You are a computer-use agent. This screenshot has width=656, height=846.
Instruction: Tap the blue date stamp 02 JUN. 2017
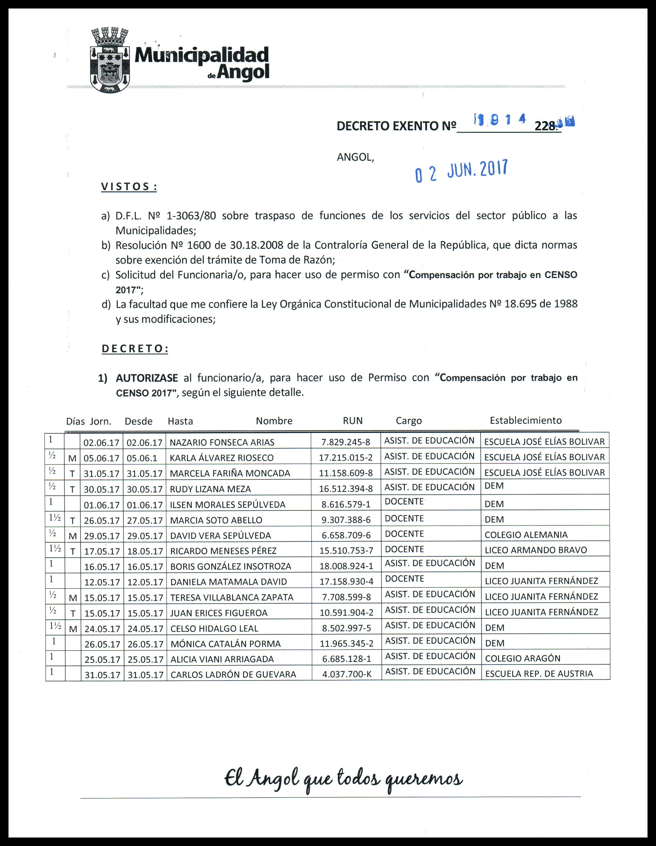pyautogui.click(x=461, y=171)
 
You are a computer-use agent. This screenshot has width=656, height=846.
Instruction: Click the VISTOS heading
pyautogui.click(x=129, y=187)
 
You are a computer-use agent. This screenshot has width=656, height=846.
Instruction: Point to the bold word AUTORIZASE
pyautogui.click(x=147, y=378)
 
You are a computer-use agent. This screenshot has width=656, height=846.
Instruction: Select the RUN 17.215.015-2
pyautogui.click(x=346, y=457)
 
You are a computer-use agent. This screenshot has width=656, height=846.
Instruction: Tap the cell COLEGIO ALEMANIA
pyautogui.click(x=526, y=535)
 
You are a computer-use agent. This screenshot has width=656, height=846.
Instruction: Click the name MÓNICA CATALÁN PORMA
pyautogui.click(x=226, y=644)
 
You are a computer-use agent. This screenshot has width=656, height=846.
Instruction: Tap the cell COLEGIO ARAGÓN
pyautogui.click(x=523, y=659)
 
